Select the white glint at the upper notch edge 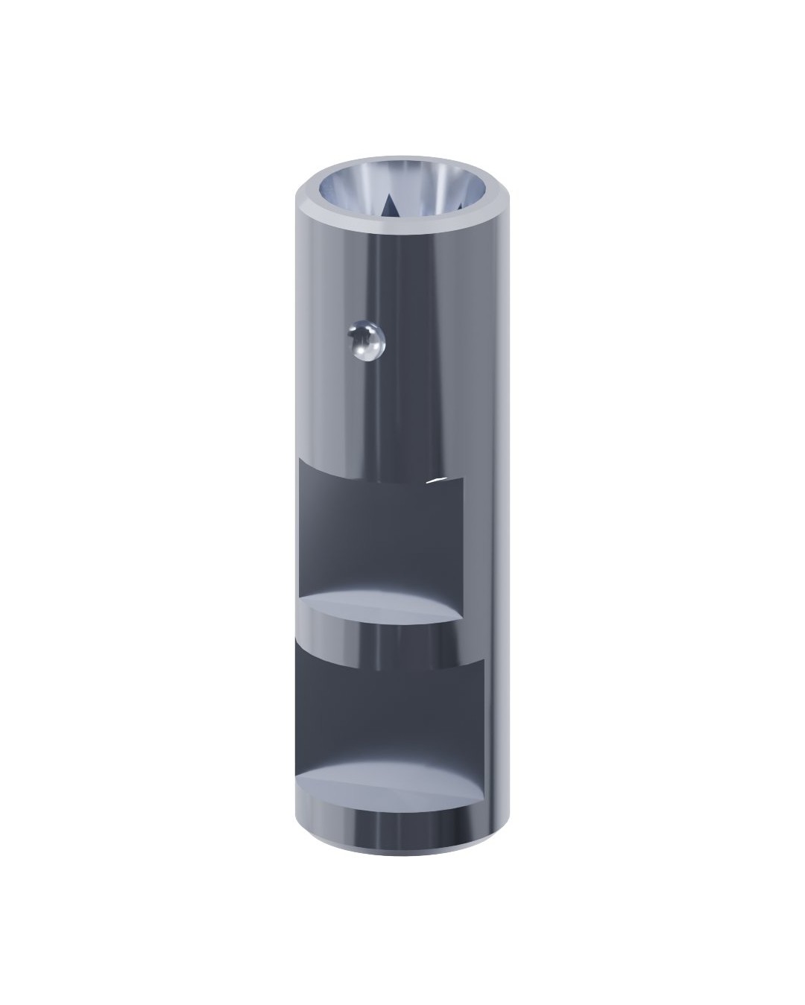[x=440, y=481]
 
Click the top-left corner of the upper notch [x=299, y=460]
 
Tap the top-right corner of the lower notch [x=484, y=659]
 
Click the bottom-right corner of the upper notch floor [x=463, y=618]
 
